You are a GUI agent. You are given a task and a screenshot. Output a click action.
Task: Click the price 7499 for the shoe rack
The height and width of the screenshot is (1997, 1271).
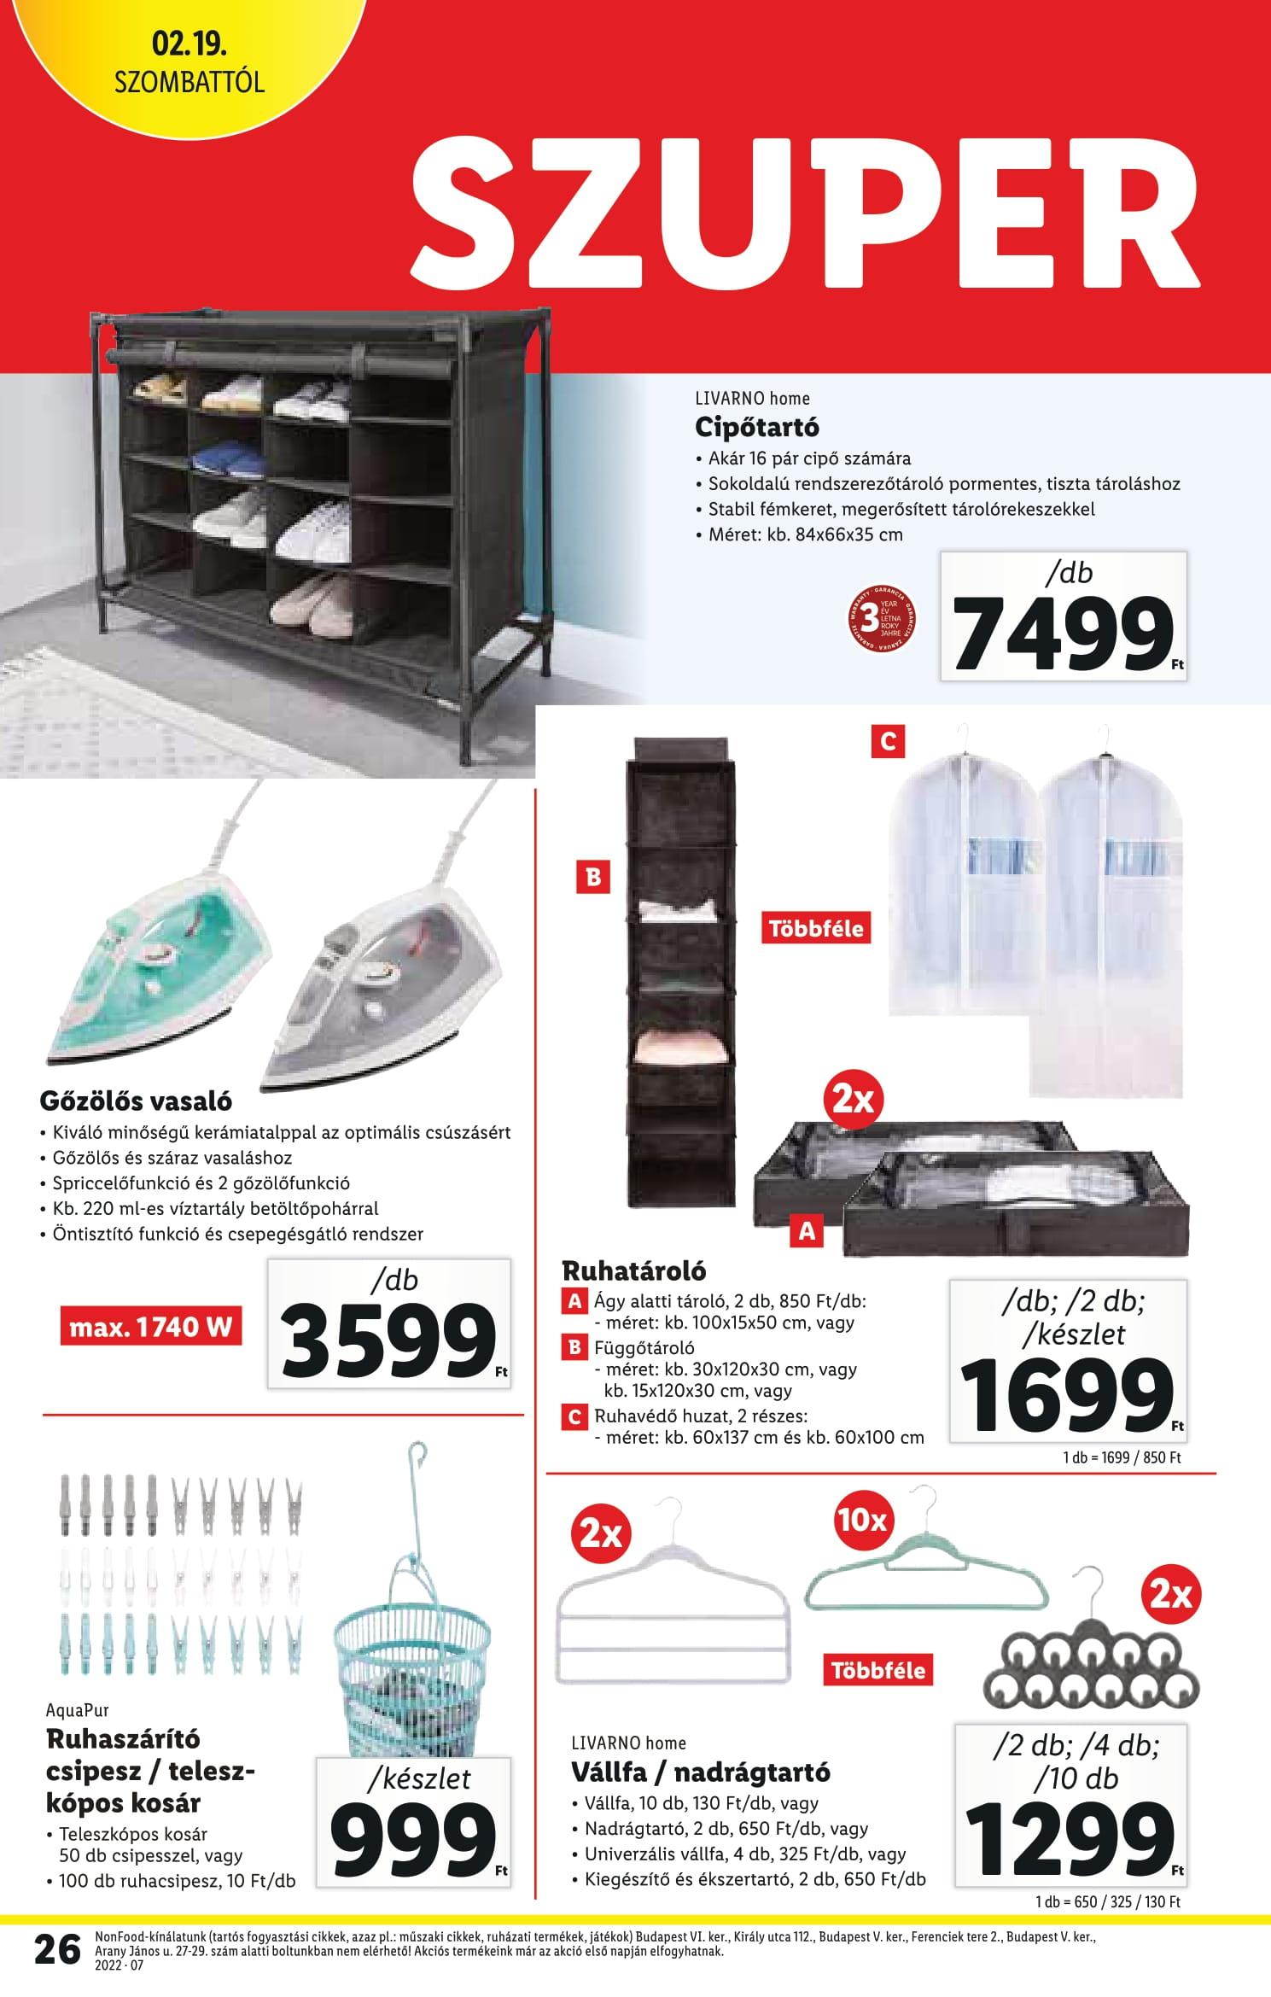tap(1063, 633)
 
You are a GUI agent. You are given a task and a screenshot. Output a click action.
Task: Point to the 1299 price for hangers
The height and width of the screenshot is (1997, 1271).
tap(1070, 1837)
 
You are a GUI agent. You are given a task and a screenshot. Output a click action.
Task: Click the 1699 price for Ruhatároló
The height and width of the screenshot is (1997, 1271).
tap(1066, 1396)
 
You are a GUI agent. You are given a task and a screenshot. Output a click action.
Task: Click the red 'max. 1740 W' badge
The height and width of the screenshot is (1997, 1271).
tap(151, 1327)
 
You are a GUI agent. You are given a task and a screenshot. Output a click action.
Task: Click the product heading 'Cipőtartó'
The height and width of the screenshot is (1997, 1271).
tap(756, 426)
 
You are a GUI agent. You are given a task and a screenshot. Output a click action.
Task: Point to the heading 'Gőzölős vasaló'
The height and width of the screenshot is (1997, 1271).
tap(136, 1101)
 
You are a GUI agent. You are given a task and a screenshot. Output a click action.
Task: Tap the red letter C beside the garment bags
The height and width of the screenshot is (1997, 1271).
tap(888, 741)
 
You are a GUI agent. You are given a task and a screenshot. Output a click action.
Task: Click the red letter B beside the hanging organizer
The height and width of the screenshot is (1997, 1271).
tap(593, 877)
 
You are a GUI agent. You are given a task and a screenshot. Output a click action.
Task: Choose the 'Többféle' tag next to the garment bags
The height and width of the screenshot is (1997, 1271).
tap(816, 929)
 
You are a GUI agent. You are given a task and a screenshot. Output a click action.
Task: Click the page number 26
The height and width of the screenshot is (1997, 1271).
tap(57, 1950)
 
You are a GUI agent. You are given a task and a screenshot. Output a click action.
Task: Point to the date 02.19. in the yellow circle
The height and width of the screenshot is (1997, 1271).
tap(189, 44)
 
